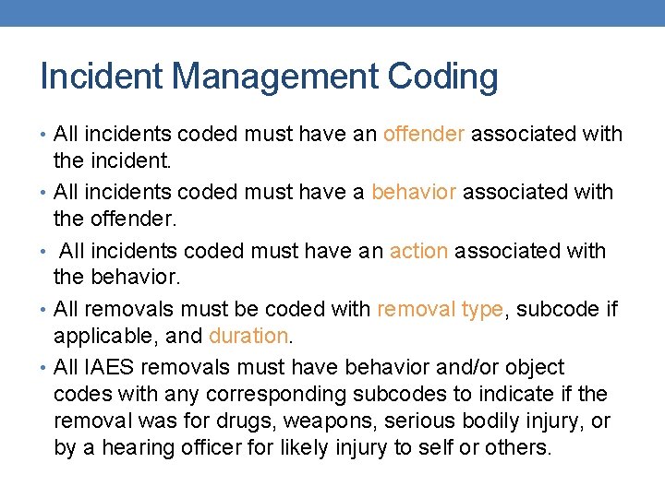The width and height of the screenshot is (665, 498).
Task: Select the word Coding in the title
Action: (443, 77)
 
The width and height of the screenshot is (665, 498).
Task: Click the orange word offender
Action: (424, 135)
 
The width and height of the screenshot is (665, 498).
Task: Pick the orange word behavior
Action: (414, 192)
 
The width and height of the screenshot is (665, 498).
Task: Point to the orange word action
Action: (418, 251)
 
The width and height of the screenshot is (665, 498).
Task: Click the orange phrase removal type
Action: (440, 309)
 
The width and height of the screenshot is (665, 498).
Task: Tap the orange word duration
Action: (248, 336)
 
